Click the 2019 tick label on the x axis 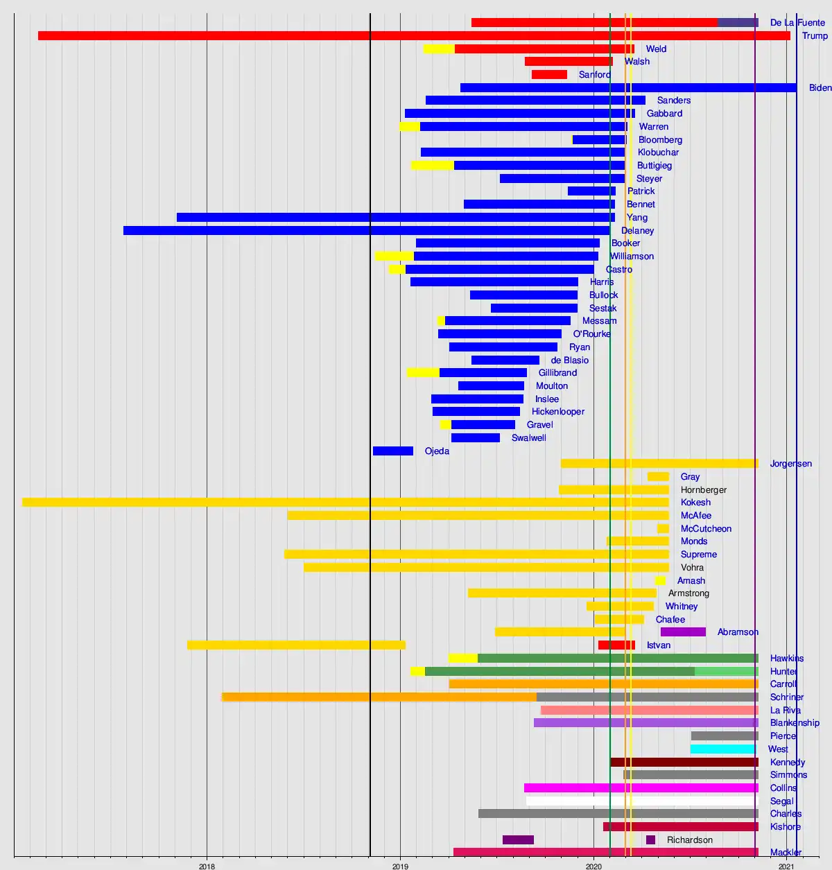coord(400,866)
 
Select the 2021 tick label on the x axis coord(786,866)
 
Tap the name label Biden coord(820,88)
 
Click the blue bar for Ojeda coord(393,451)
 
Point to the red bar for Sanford coord(549,75)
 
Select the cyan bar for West coord(722,749)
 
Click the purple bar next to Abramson coord(683,632)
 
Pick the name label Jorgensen coord(790,464)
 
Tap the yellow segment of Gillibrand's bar coord(423,373)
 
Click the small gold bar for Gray coord(658,477)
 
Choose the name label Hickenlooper coord(557,412)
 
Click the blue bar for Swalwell coord(476,438)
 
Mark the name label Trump coord(815,36)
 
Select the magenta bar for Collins coord(641,788)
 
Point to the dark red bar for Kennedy coord(684,763)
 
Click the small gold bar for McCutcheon coord(663,529)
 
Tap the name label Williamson coord(632,256)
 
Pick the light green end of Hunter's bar coord(726,672)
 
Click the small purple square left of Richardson coord(650,840)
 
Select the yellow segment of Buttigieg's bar coord(432,166)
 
